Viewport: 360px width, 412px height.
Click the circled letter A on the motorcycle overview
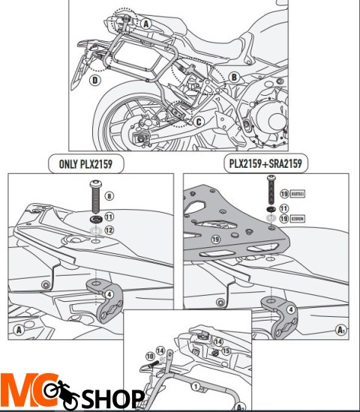146,23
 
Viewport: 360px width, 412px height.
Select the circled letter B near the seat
234,76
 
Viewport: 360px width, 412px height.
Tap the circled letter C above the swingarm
198,120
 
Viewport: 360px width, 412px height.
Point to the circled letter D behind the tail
95,79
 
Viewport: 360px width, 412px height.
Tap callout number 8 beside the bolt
110,196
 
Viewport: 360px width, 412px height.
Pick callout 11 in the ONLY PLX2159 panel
110,217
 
